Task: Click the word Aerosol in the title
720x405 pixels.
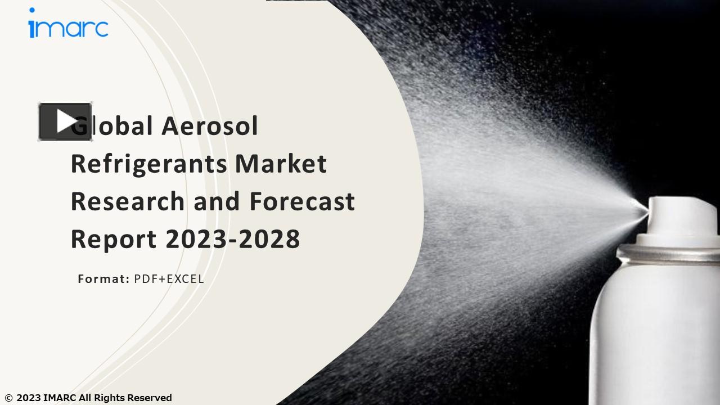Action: pos(210,125)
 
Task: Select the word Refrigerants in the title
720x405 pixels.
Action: pos(148,164)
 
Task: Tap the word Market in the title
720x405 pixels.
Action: pos(281,163)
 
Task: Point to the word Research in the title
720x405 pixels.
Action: pos(127,201)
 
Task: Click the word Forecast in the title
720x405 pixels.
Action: pos(302,201)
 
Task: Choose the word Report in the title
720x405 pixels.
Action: pos(113,239)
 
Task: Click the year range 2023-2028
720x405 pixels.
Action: pos(233,238)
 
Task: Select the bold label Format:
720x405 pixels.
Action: pos(103,278)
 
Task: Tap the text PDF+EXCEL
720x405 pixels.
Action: pos(169,278)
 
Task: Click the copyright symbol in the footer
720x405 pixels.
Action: pos(8,398)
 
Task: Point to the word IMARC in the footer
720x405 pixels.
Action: pos(60,398)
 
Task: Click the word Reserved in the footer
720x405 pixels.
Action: pos(149,398)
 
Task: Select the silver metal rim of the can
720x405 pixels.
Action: pos(669,253)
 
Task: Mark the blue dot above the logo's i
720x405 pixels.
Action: pos(32,10)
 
